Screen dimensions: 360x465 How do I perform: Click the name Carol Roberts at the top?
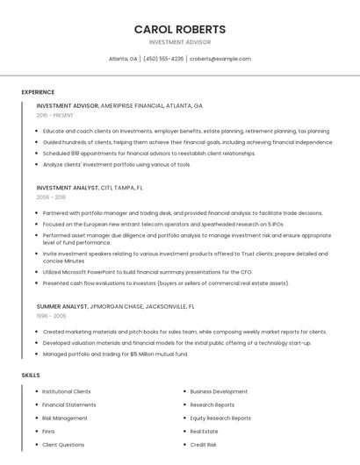click(x=179, y=29)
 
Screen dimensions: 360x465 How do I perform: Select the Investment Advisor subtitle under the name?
click(x=179, y=42)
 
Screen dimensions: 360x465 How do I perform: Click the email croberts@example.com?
click(x=220, y=59)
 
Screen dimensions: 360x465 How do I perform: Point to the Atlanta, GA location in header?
click(x=123, y=59)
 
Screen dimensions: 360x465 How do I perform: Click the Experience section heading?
click(x=38, y=92)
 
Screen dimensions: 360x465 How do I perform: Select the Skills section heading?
click(x=31, y=376)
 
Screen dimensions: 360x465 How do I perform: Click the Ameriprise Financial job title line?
click(x=119, y=105)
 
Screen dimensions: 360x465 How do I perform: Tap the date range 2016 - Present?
click(x=54, y=115)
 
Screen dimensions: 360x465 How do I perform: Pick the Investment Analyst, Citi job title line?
click(x=90, y=188)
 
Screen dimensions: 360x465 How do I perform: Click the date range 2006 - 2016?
click(x=51, y=197)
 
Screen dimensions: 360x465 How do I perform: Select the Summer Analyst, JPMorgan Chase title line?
click(x=116, y=307)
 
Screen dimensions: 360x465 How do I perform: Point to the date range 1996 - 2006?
click(x=51, y=316)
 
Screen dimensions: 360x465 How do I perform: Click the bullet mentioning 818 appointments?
click(x=136, y=153)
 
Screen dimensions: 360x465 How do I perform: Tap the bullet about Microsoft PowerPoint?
click(x=148, y=272)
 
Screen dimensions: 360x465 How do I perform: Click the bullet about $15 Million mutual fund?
click(x=115, y=354)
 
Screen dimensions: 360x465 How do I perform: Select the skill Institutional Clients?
click(x=66, y=391)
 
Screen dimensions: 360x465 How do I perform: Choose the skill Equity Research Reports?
click(x=220, y=418)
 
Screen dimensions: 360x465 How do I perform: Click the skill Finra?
click(x=48, y=432)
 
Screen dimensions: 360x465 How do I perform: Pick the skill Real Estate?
click(x=204, y=432)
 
